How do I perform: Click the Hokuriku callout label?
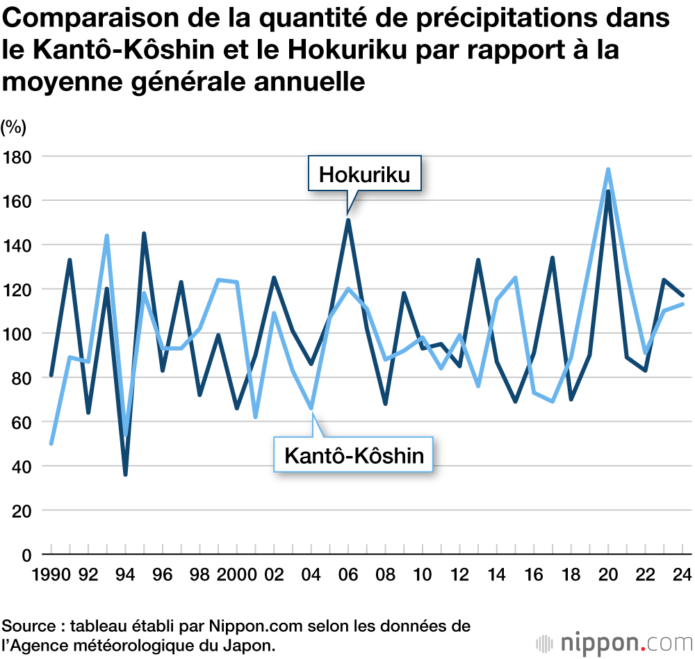point(364,176)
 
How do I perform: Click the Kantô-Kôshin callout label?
point(354,456)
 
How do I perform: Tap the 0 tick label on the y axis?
point(26,555)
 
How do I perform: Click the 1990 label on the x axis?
point(50,576)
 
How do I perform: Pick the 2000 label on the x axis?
point(236,576)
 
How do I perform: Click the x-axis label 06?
point(348,576)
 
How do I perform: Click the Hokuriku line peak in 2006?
point(348,220)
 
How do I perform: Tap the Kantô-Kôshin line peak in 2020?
point(609,170)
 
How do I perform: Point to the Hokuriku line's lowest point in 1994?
point(125,475)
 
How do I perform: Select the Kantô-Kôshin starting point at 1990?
point(51,444)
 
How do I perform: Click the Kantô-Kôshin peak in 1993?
point(106,236)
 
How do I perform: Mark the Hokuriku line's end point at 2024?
point(683,296)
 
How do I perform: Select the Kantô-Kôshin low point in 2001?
point(255,417)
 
